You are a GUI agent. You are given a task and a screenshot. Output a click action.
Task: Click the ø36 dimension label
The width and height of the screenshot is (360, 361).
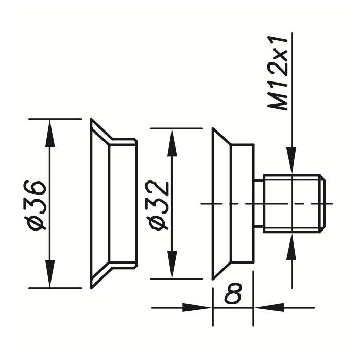35,205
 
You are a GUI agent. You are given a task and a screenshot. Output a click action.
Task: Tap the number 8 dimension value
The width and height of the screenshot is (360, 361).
233,293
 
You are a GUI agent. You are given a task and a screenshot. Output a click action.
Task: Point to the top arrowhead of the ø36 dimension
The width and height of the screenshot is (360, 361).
49,133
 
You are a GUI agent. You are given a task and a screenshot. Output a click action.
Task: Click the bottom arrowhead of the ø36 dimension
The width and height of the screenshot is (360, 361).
49,274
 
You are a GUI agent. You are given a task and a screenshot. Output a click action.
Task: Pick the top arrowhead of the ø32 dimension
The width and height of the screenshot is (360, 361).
172,143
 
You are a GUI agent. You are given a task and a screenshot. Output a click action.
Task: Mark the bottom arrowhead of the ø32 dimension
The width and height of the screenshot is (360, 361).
172,265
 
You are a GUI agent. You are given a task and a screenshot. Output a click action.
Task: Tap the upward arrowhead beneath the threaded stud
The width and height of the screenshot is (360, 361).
292,247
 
